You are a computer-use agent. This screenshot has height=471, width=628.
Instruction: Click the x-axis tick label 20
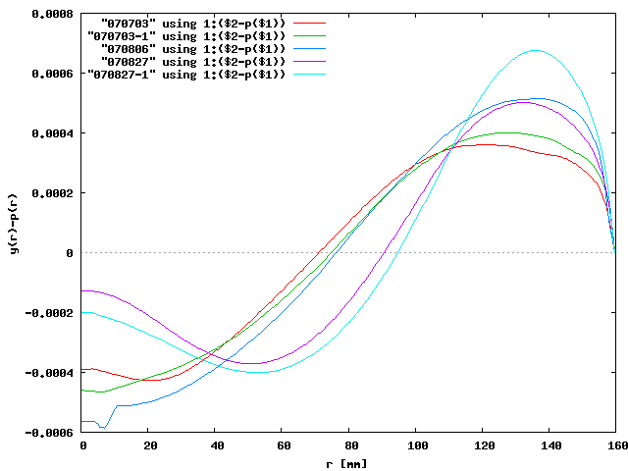point(149,445)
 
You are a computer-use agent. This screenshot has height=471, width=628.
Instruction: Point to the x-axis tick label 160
point(614,445)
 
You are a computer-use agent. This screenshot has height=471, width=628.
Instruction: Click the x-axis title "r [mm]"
point(349,462)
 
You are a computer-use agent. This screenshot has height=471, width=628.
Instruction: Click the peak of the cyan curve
point(535,50)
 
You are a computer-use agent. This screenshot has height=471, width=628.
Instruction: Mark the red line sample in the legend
point(307,21)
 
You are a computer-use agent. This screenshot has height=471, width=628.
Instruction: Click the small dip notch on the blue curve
point(102,428)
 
